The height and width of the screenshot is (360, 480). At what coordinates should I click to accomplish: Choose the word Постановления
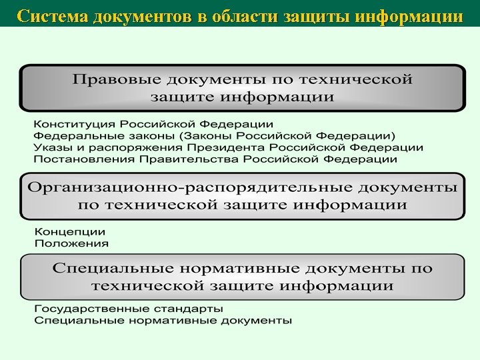click(x=76, y=160)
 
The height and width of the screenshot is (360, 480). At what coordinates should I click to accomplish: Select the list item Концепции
click(x=69, y=232)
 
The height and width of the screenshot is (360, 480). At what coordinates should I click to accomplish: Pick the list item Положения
click(x=71, y=243)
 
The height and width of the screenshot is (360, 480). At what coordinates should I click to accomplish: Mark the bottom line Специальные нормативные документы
click(x=163, y=321)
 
